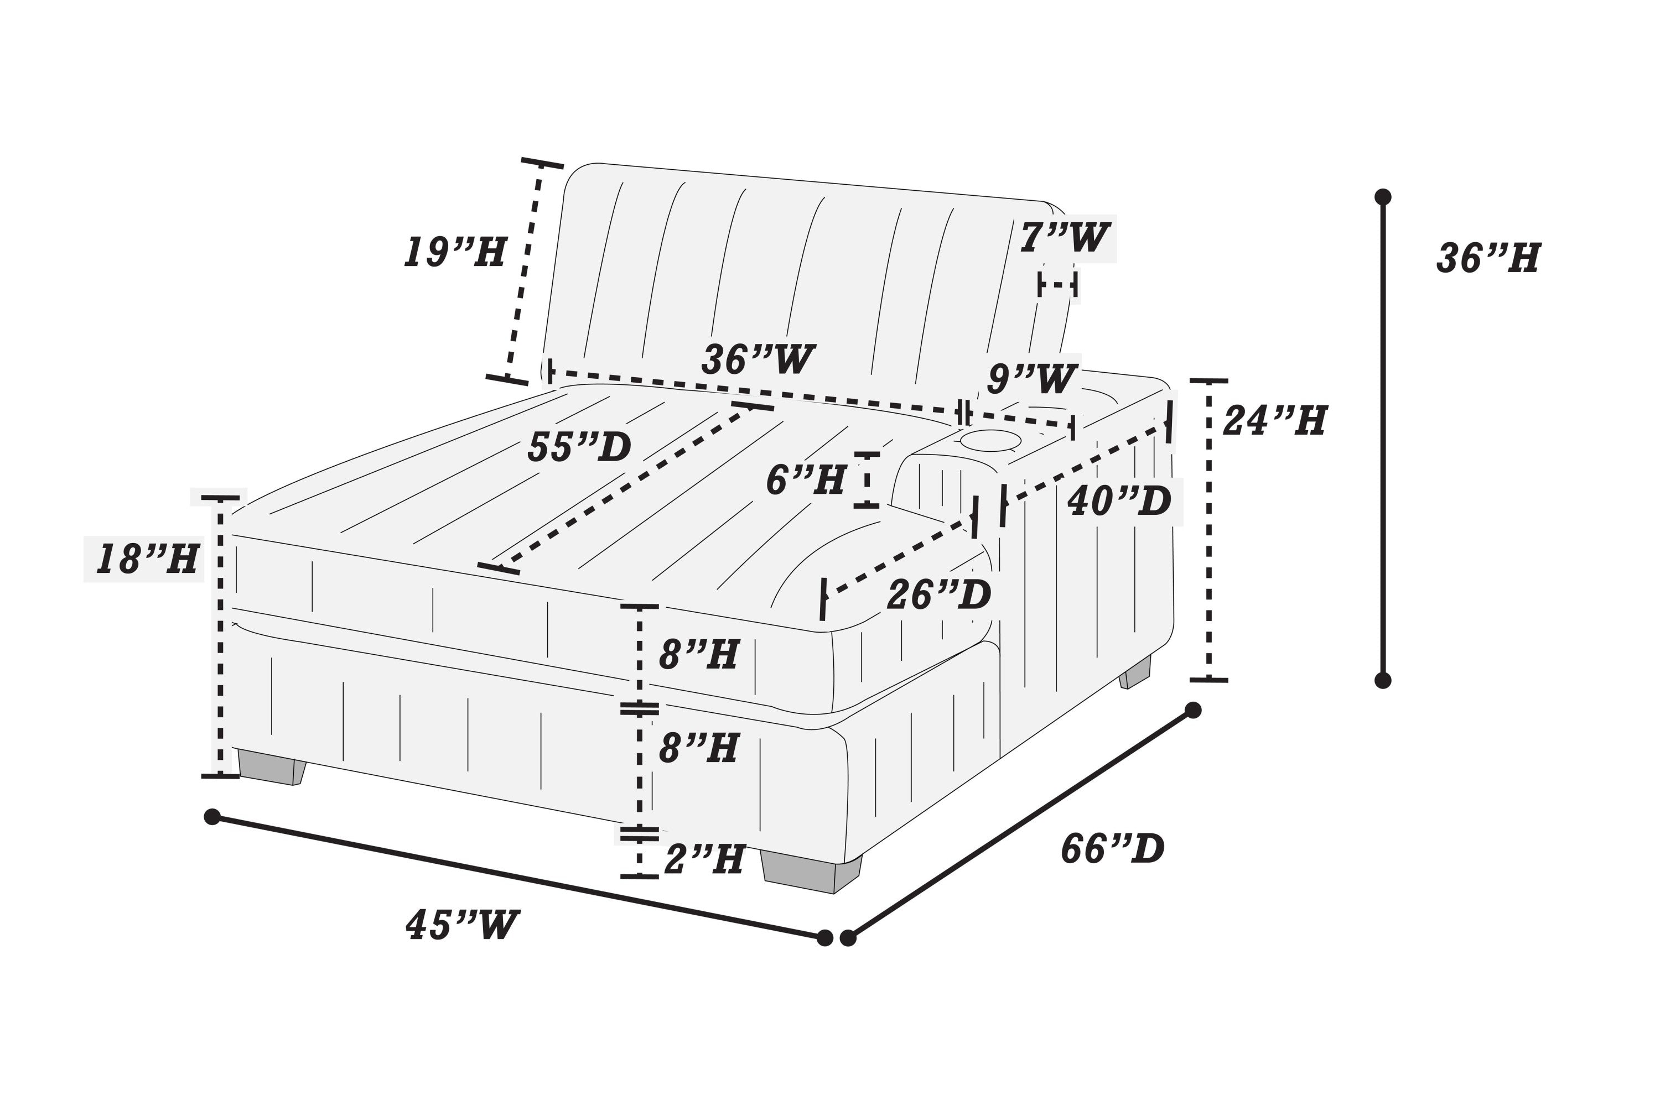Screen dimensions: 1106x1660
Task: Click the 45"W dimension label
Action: [462, 925]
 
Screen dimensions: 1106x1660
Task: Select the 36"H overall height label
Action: [1488, 258]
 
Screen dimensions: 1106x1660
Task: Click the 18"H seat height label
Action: [146, 559]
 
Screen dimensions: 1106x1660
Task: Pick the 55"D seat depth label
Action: [579, 447]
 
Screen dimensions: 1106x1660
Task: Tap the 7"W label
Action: [1064, 237]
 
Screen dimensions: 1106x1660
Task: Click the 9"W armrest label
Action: [1032, 379]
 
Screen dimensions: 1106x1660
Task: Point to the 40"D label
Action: [1119, 502]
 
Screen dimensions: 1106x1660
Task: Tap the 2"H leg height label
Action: [704, 860]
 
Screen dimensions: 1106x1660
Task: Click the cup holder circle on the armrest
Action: [991, 441]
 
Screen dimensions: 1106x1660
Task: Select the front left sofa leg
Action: [271, 768]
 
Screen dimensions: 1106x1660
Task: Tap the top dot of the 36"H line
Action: [1383, 196]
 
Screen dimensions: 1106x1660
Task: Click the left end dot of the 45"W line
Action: [212, 817]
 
